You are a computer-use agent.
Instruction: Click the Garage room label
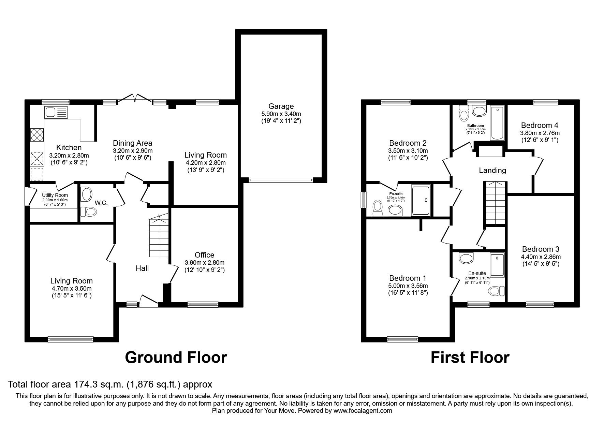tap(281, 106)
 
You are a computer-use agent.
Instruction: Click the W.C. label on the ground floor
tap(101, 203)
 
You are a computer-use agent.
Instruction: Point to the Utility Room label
tap(55, 195)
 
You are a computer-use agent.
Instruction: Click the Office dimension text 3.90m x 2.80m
tap(205, 263)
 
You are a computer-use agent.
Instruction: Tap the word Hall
tap(142, 268)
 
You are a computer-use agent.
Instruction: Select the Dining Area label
tap(133, 143)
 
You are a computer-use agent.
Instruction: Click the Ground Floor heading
tap(176, 358)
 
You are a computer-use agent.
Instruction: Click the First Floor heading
tap(470, 358)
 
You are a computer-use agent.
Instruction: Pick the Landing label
tap(492, 170)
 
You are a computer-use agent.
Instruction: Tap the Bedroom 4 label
tap(540, 125)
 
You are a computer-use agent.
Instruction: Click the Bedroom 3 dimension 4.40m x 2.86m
tap(541, 257)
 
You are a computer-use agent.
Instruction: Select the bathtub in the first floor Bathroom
tap(497, 123)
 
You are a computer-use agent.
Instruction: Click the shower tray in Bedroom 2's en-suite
tap(421, 200)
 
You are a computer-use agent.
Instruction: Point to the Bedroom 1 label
tap(408, 278)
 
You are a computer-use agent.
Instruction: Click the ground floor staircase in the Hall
tap(159, 235)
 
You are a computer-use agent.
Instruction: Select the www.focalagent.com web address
tap(363, 410)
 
